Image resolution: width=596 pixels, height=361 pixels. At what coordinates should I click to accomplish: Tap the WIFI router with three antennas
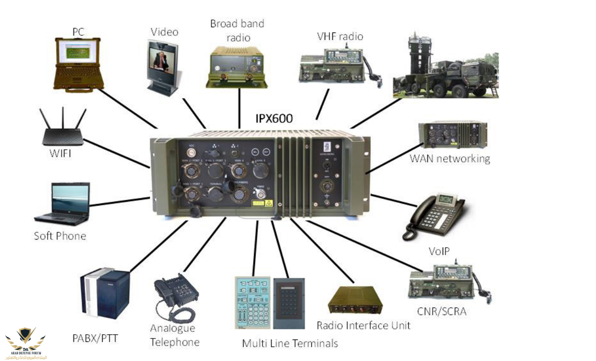tap(63, 130)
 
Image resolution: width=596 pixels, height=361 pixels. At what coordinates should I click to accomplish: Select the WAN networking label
tap(449, 158)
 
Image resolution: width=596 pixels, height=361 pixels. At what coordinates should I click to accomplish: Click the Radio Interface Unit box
tap(355, 300)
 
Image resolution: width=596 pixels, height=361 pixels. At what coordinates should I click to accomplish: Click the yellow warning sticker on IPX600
tap(258, 203)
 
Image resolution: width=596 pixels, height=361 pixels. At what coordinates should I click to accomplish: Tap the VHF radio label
tap(340, 36)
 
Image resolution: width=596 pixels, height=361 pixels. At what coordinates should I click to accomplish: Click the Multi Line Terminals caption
tap(290, 343)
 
